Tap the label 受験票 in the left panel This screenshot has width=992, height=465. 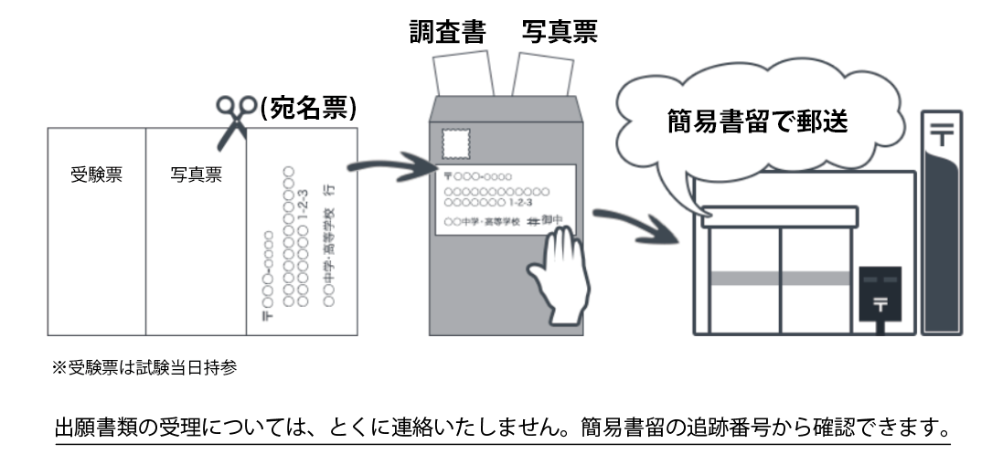click(x=96, y=174)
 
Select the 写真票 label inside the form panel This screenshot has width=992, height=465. click(x=196, y=174)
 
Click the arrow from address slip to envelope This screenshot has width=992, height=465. click(x=384, y=167)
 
